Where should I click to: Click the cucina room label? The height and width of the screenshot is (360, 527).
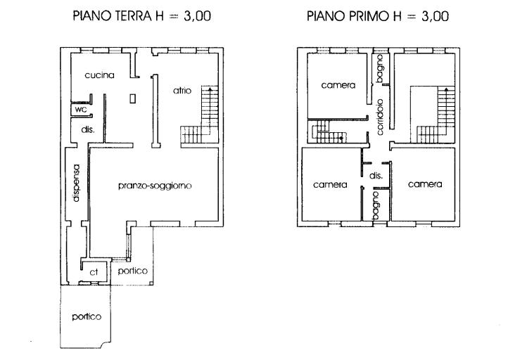99,75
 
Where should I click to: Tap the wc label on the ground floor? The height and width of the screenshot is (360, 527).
81,110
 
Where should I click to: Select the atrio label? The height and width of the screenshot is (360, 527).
182,90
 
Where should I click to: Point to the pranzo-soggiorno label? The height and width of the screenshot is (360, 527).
155,186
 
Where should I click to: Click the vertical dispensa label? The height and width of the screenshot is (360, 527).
76,183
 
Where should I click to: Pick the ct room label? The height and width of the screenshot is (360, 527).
94,272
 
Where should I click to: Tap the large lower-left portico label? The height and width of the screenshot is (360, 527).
87,316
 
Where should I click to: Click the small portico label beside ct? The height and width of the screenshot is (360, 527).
133,271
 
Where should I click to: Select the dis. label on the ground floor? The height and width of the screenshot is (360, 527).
88,129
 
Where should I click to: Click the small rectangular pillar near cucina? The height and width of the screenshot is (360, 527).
133,98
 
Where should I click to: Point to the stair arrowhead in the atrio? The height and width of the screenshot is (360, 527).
210,89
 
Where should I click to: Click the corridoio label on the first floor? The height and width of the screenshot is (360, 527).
380,117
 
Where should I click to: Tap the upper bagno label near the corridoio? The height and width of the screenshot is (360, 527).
379,69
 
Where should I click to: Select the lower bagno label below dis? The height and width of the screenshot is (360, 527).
376,206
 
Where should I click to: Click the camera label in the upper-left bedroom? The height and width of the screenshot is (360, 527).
338,85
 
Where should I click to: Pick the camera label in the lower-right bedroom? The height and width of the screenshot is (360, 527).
425,184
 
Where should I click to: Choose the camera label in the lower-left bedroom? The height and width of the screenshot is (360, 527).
330,185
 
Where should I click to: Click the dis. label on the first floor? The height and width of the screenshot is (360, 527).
376,176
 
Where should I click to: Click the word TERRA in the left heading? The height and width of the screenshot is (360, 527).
132,15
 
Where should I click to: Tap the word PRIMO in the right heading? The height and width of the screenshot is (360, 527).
370,15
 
